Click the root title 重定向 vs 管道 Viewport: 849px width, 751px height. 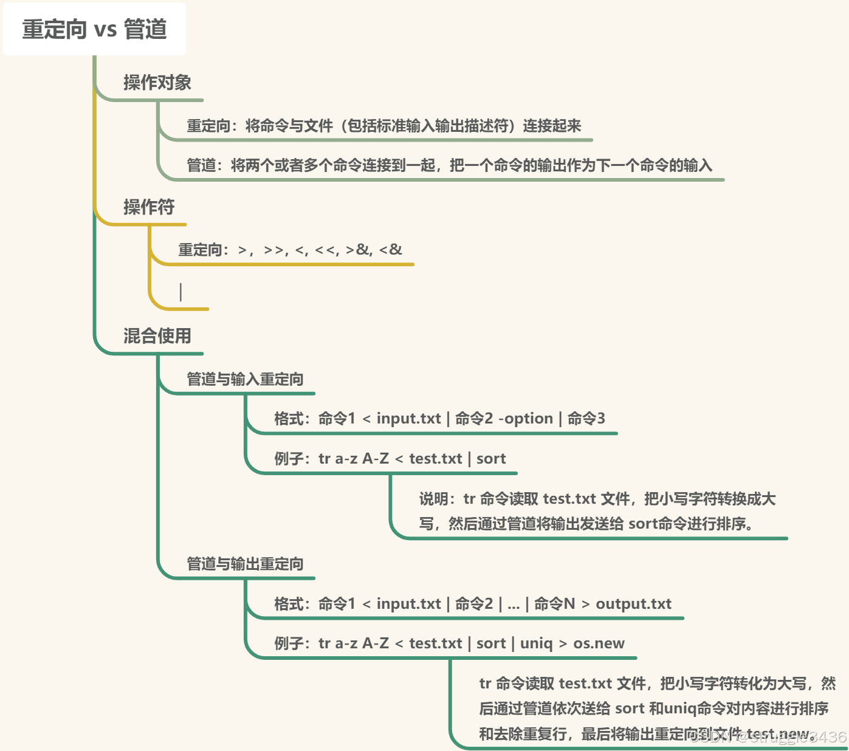pyautogui.click(x=94, y=29)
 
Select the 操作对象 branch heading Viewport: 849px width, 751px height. pyautogui.click(x=157, y=83)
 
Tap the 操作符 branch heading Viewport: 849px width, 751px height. pyautogui.click(x=149, y=207)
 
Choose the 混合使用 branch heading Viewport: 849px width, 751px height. pyautogui.click(x=157, y=336)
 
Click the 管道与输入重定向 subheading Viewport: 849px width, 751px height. pyautogui.click(x=245, y=379)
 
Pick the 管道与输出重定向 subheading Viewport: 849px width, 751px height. pyautogui.click(x=245, y=564)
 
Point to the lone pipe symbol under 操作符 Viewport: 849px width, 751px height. pyautogui.click(x=180, y=292)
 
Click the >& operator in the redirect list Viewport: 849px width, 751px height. pyautogui.click(x=358, y=250)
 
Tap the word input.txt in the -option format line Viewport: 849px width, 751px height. pyautogui.click(x=408, y=419)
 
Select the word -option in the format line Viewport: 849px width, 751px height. pyautogui.click(x=526, y=419)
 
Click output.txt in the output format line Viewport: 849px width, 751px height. pyautogui.click(x=633, y=604)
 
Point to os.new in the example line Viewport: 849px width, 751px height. pyautogui.click(x=599, y=643)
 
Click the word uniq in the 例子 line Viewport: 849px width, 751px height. pyautogui.click(x=537, y=643)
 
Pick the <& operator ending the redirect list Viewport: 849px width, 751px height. pyautogui.click(x=391, y=250)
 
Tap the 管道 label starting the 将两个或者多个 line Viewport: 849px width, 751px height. pyautogui.click(x=201, y=165)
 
